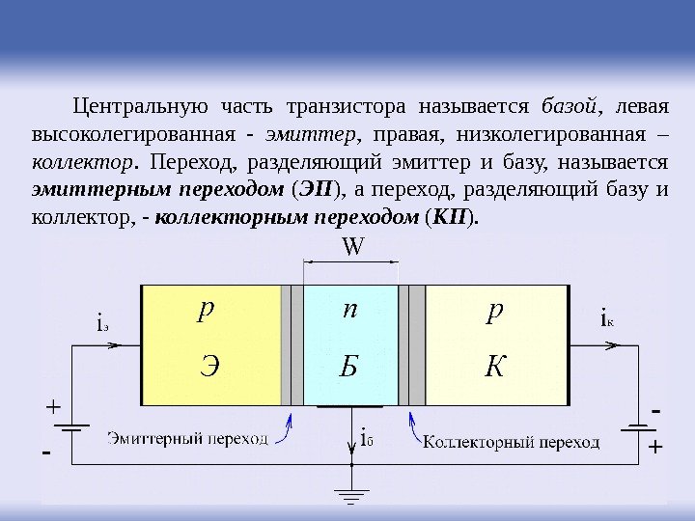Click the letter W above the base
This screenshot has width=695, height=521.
coord(352,248)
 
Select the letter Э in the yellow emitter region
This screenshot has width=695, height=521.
coord(209,367)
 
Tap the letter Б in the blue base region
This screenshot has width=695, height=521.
coord(349,367)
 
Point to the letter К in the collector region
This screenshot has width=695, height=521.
coord(495,367)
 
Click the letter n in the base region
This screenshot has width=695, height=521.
coord(349,311)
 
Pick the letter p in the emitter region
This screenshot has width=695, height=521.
coord(205,311)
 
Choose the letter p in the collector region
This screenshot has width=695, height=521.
coord(494,311)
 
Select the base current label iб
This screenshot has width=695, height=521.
coord(366,439)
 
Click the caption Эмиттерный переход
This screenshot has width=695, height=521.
coord(187,439)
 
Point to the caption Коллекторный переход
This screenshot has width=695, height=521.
coord(512,443)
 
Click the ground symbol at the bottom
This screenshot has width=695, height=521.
coord(352,497)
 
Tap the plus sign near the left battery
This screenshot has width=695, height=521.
coord(52,408)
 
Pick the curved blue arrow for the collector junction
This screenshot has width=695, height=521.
coord(414,430)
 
